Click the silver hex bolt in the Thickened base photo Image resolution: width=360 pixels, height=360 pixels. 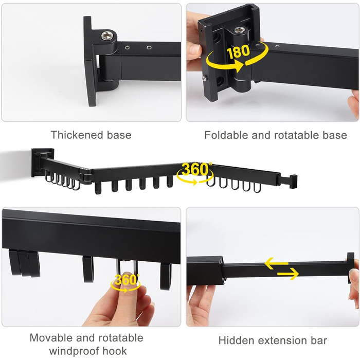[x=108, y=36]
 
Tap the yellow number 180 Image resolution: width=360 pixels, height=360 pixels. [x=238, y=52]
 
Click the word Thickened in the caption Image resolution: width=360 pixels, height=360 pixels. [x=76, y=135]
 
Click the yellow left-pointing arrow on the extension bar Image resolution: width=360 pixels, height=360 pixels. [x=277, y=263]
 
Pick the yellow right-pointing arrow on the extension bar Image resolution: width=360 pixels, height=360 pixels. [x=288, y=274]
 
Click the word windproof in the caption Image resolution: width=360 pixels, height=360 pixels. [x=74, y=351]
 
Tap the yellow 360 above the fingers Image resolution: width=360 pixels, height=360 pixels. [x=125, y=280]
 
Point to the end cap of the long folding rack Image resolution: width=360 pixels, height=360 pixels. [x=294, y=182]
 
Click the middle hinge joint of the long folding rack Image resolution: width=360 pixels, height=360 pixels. [x=86, y=176]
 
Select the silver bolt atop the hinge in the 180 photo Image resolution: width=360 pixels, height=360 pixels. [x=239, y=30]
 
